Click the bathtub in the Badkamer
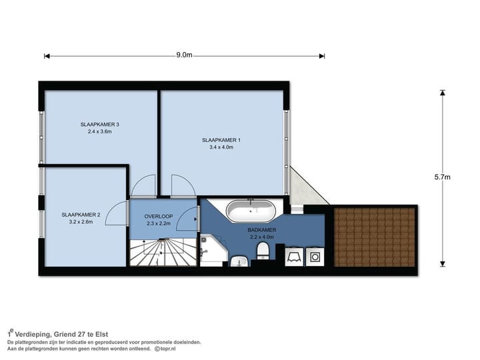click(x=250, y=212)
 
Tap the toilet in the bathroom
click(x=263, y=250)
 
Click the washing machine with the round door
click(x=314, y=257)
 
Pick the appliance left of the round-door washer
click(x=293, y=257)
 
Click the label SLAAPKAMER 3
click(x=99, y=124)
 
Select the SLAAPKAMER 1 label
click(x=221, y=140)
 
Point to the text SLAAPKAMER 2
click(x=81, y=215)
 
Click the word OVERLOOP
click(x=158, y=217)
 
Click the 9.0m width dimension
click(x=184, y=55)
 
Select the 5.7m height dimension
click(x=442, y=177)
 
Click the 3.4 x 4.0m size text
click(x=221, y=147)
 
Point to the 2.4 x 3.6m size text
click(x=99, y=131)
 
